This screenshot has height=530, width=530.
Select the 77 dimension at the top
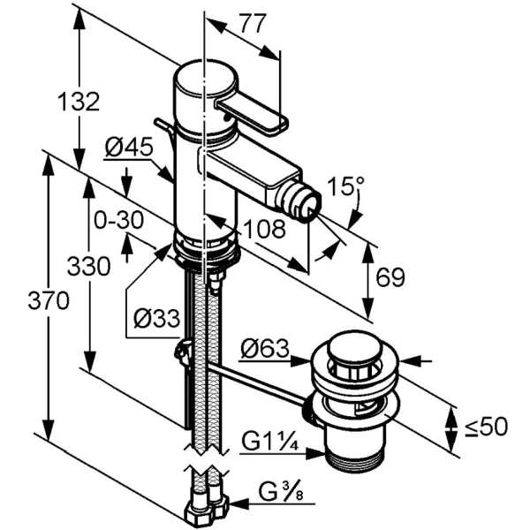pyautogui.click(x=252, y=25)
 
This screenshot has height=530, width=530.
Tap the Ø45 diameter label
pyautogui.click(x=127, y=149)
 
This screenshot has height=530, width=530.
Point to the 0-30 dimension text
pyautogui.click(x=117, y=218)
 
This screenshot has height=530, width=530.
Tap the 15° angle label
pyautogui.click(x=345, y=187)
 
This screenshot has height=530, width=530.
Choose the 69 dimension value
pyautogui.click(x=390, y=278)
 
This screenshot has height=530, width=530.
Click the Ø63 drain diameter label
pyautogui.click(x=265, y=351)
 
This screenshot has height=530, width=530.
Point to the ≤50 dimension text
pyautogui.click(x=487, y=427)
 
